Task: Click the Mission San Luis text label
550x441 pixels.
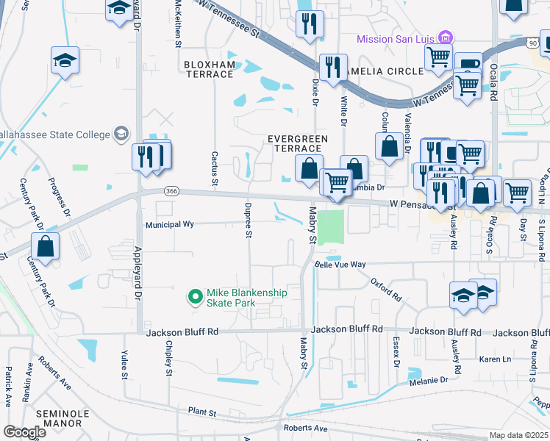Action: click(396, 39)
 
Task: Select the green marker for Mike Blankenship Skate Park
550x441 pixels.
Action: click(195, 297)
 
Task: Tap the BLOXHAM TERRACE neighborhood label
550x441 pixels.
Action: click(210, 70)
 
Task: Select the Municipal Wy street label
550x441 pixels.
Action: click(170, 226)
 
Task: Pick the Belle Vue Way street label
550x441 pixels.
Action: click(340, 264)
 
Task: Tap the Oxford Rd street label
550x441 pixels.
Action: click(386, 288)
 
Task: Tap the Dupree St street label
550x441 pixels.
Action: click(249, 220)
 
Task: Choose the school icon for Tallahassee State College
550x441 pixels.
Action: click(121, 134)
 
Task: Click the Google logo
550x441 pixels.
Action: click(24, 431)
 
